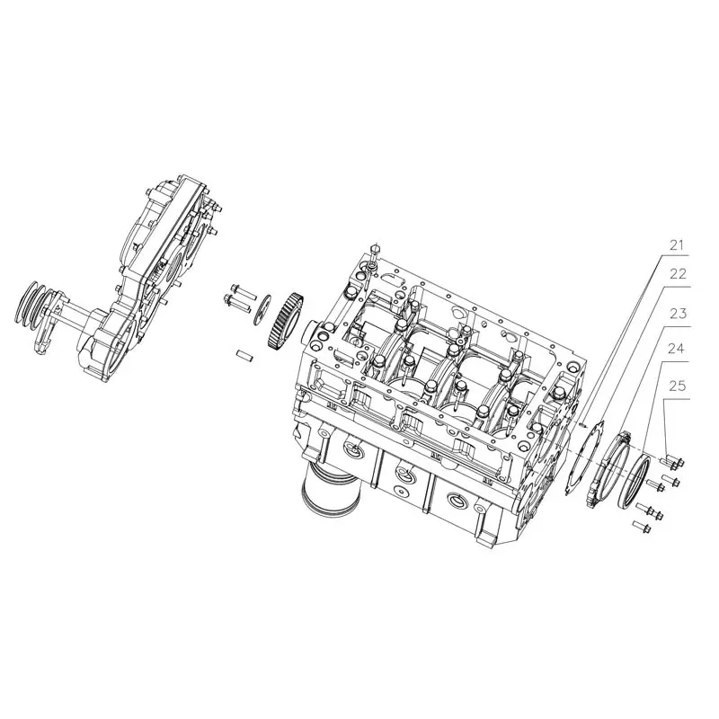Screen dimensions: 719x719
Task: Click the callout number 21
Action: click(677, 244)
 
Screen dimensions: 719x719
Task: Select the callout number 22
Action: click(677, 275)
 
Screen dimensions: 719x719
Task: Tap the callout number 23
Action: click(677, 314)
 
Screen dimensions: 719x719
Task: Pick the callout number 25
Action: click(677, 386)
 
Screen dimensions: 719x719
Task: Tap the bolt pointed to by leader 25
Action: click(669, 463)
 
